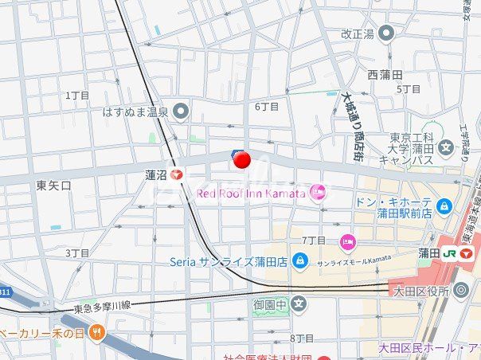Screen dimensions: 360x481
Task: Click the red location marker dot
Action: pos(242,160)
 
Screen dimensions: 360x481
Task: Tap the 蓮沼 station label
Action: pos(154,174)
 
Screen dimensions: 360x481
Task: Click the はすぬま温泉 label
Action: pos(135,112)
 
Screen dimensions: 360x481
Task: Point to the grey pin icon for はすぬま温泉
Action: pos(181,112)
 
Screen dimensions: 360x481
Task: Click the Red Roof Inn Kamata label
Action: pos(251,193)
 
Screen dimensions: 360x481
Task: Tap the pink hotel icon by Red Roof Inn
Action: pos(318,191)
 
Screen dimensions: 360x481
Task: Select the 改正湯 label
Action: pos(357,33)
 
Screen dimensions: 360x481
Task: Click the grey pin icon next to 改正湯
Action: pos(386,33)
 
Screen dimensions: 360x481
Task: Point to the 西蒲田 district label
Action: pos(385,74)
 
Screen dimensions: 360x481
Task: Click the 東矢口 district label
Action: pos(54,185)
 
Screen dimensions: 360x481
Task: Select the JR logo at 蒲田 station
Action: pos(451,253)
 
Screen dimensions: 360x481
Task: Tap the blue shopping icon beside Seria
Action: pos(299,260)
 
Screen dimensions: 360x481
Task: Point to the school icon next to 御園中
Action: pos(299,303)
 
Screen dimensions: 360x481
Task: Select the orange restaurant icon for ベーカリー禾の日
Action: pos(96,331)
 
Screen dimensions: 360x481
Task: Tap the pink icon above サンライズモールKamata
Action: pos(348,241)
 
